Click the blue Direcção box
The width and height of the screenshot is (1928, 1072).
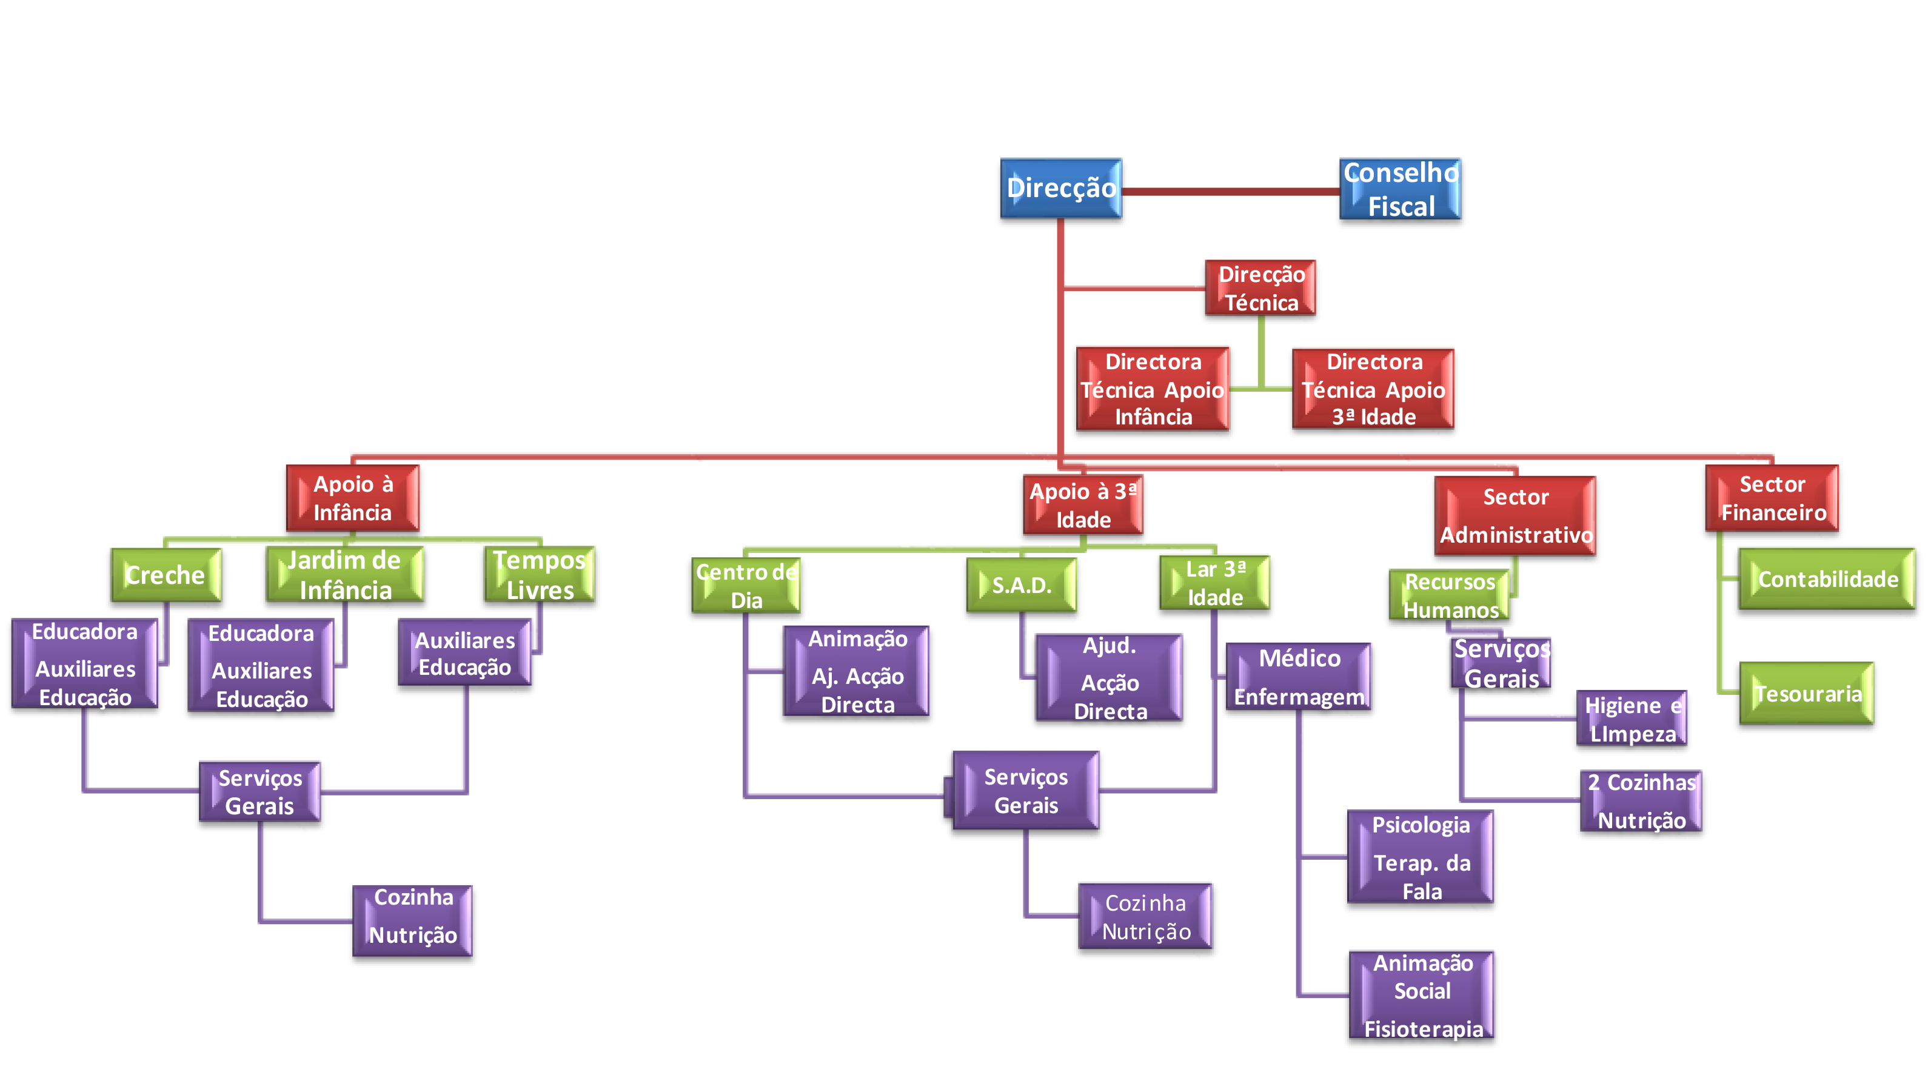[1061, 188]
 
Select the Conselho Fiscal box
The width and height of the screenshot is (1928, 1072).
[1401, 189]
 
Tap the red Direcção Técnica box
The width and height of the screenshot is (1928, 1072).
[1260, 287]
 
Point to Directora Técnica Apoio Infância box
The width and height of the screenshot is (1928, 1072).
[1153, 388]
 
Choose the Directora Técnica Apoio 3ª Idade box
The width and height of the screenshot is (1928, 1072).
[1373, 388]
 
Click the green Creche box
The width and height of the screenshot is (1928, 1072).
[166, 574]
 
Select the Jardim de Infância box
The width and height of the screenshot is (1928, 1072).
[344, 574]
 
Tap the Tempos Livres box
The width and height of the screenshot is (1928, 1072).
[540, 574]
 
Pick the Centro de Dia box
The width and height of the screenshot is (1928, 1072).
[746, 585]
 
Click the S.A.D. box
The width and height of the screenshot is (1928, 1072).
[1022, 585]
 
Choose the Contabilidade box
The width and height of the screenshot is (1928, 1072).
[1827, 578]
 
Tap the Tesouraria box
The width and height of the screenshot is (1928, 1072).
[1807, 693]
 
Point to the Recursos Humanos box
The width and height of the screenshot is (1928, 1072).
[1450, 595]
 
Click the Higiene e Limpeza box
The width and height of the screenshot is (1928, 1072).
[1632, 718]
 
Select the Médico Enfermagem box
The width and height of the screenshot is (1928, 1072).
[1299, 676]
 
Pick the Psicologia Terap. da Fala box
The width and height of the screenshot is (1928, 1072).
[1421, 856]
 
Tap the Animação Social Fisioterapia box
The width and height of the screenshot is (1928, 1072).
[1422, 994]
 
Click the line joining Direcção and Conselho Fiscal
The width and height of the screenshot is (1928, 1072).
[1231, 192]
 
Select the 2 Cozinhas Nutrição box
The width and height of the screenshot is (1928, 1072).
[1641, 800]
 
